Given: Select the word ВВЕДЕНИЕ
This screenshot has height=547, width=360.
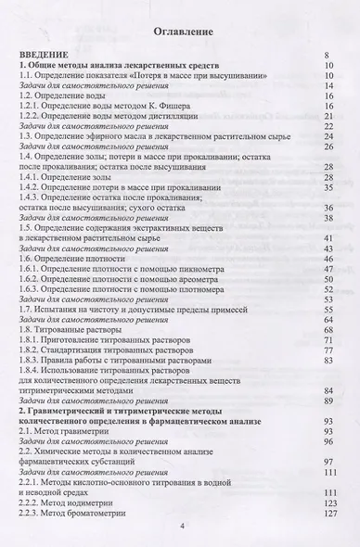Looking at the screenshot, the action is click(x=45, y=57).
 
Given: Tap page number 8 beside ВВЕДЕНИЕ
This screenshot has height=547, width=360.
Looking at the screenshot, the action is click(x=329, y=57).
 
